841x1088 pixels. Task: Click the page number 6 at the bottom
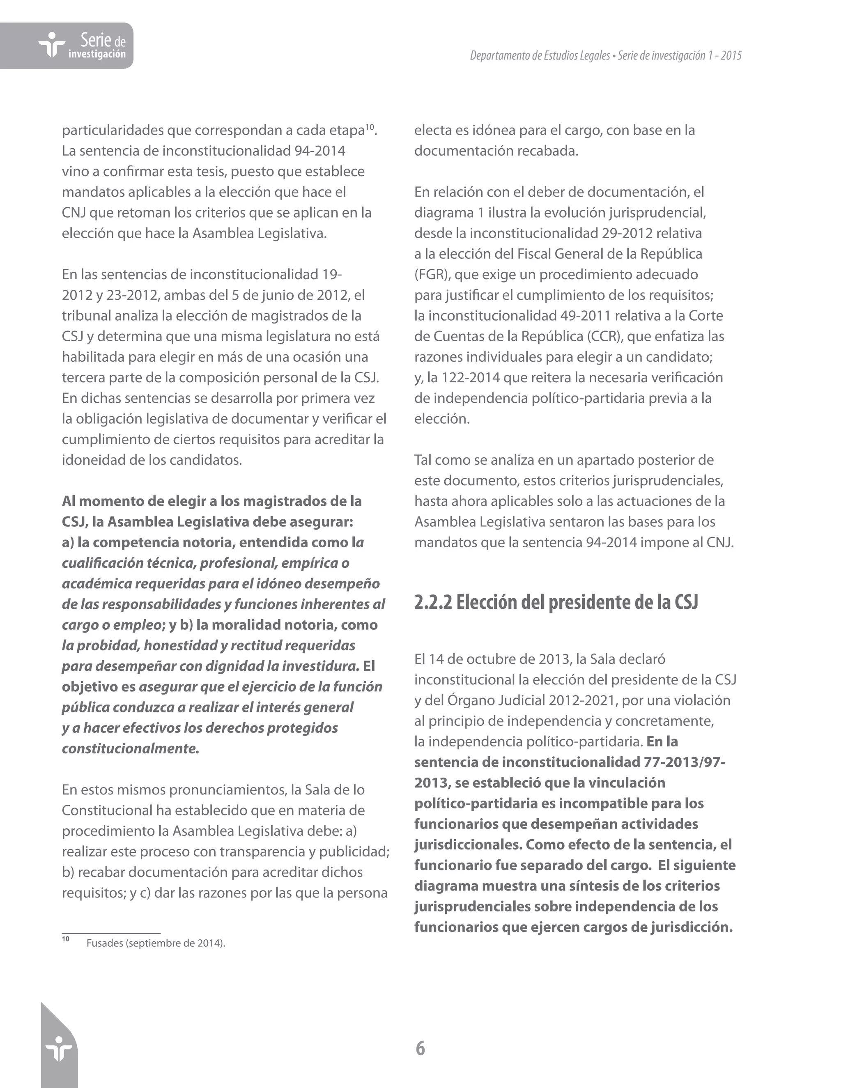click(420, 1048)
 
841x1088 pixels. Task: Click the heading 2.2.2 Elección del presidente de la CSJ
click(556, 602)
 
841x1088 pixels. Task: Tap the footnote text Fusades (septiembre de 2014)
click(156, 943)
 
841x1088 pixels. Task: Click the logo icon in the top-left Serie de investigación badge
click(51, 45)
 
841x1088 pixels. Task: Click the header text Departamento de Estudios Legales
click(540, 56)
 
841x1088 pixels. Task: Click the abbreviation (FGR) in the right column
click(432, 275)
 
